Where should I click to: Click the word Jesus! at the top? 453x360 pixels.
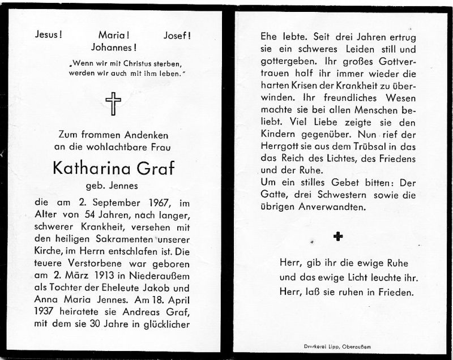click(49, 35)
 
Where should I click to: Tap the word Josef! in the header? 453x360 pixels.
click(177, 35)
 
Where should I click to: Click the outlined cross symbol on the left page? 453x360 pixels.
click(113, 104)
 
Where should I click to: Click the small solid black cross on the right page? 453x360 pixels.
click(338, 236)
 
